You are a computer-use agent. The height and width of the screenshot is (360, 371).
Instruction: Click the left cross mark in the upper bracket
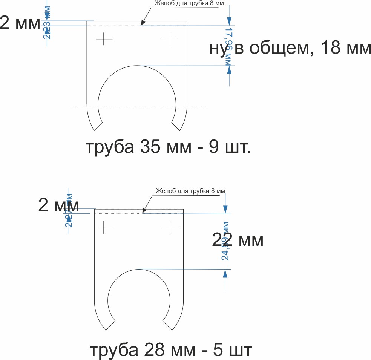104,39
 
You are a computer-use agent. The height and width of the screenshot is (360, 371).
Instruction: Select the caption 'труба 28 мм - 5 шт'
170,350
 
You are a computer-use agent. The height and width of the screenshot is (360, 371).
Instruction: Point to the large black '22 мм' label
238,240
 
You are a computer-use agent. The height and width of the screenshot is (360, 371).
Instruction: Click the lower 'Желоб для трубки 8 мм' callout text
190,191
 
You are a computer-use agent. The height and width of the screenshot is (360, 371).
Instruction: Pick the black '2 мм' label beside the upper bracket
20,23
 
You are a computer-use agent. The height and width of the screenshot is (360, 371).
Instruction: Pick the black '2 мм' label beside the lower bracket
58,205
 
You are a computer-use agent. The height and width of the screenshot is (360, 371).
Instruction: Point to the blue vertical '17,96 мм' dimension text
228,46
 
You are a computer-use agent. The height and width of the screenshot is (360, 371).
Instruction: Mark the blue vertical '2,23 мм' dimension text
47,23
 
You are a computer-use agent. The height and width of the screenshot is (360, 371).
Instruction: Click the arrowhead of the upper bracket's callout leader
142,25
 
